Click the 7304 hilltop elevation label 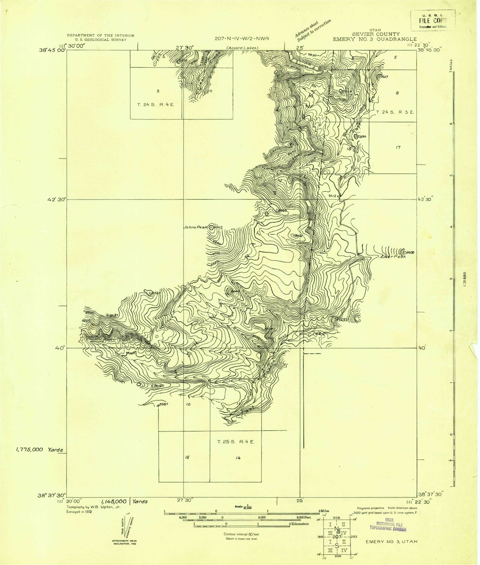point(361,136)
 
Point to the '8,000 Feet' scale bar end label point(301,517)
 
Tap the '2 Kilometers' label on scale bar point(299,524)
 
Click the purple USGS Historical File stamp point(388,525)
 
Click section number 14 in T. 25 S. point(238,458)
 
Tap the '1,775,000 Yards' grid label point(39,450)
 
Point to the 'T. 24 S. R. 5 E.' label point(395,112)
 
